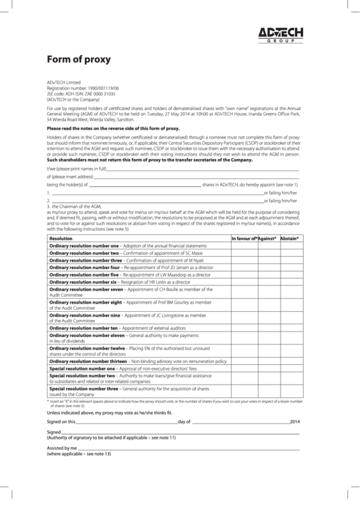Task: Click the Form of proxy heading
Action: [78, 59]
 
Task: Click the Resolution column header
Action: [60, 239]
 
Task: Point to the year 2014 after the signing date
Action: [294, 421]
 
